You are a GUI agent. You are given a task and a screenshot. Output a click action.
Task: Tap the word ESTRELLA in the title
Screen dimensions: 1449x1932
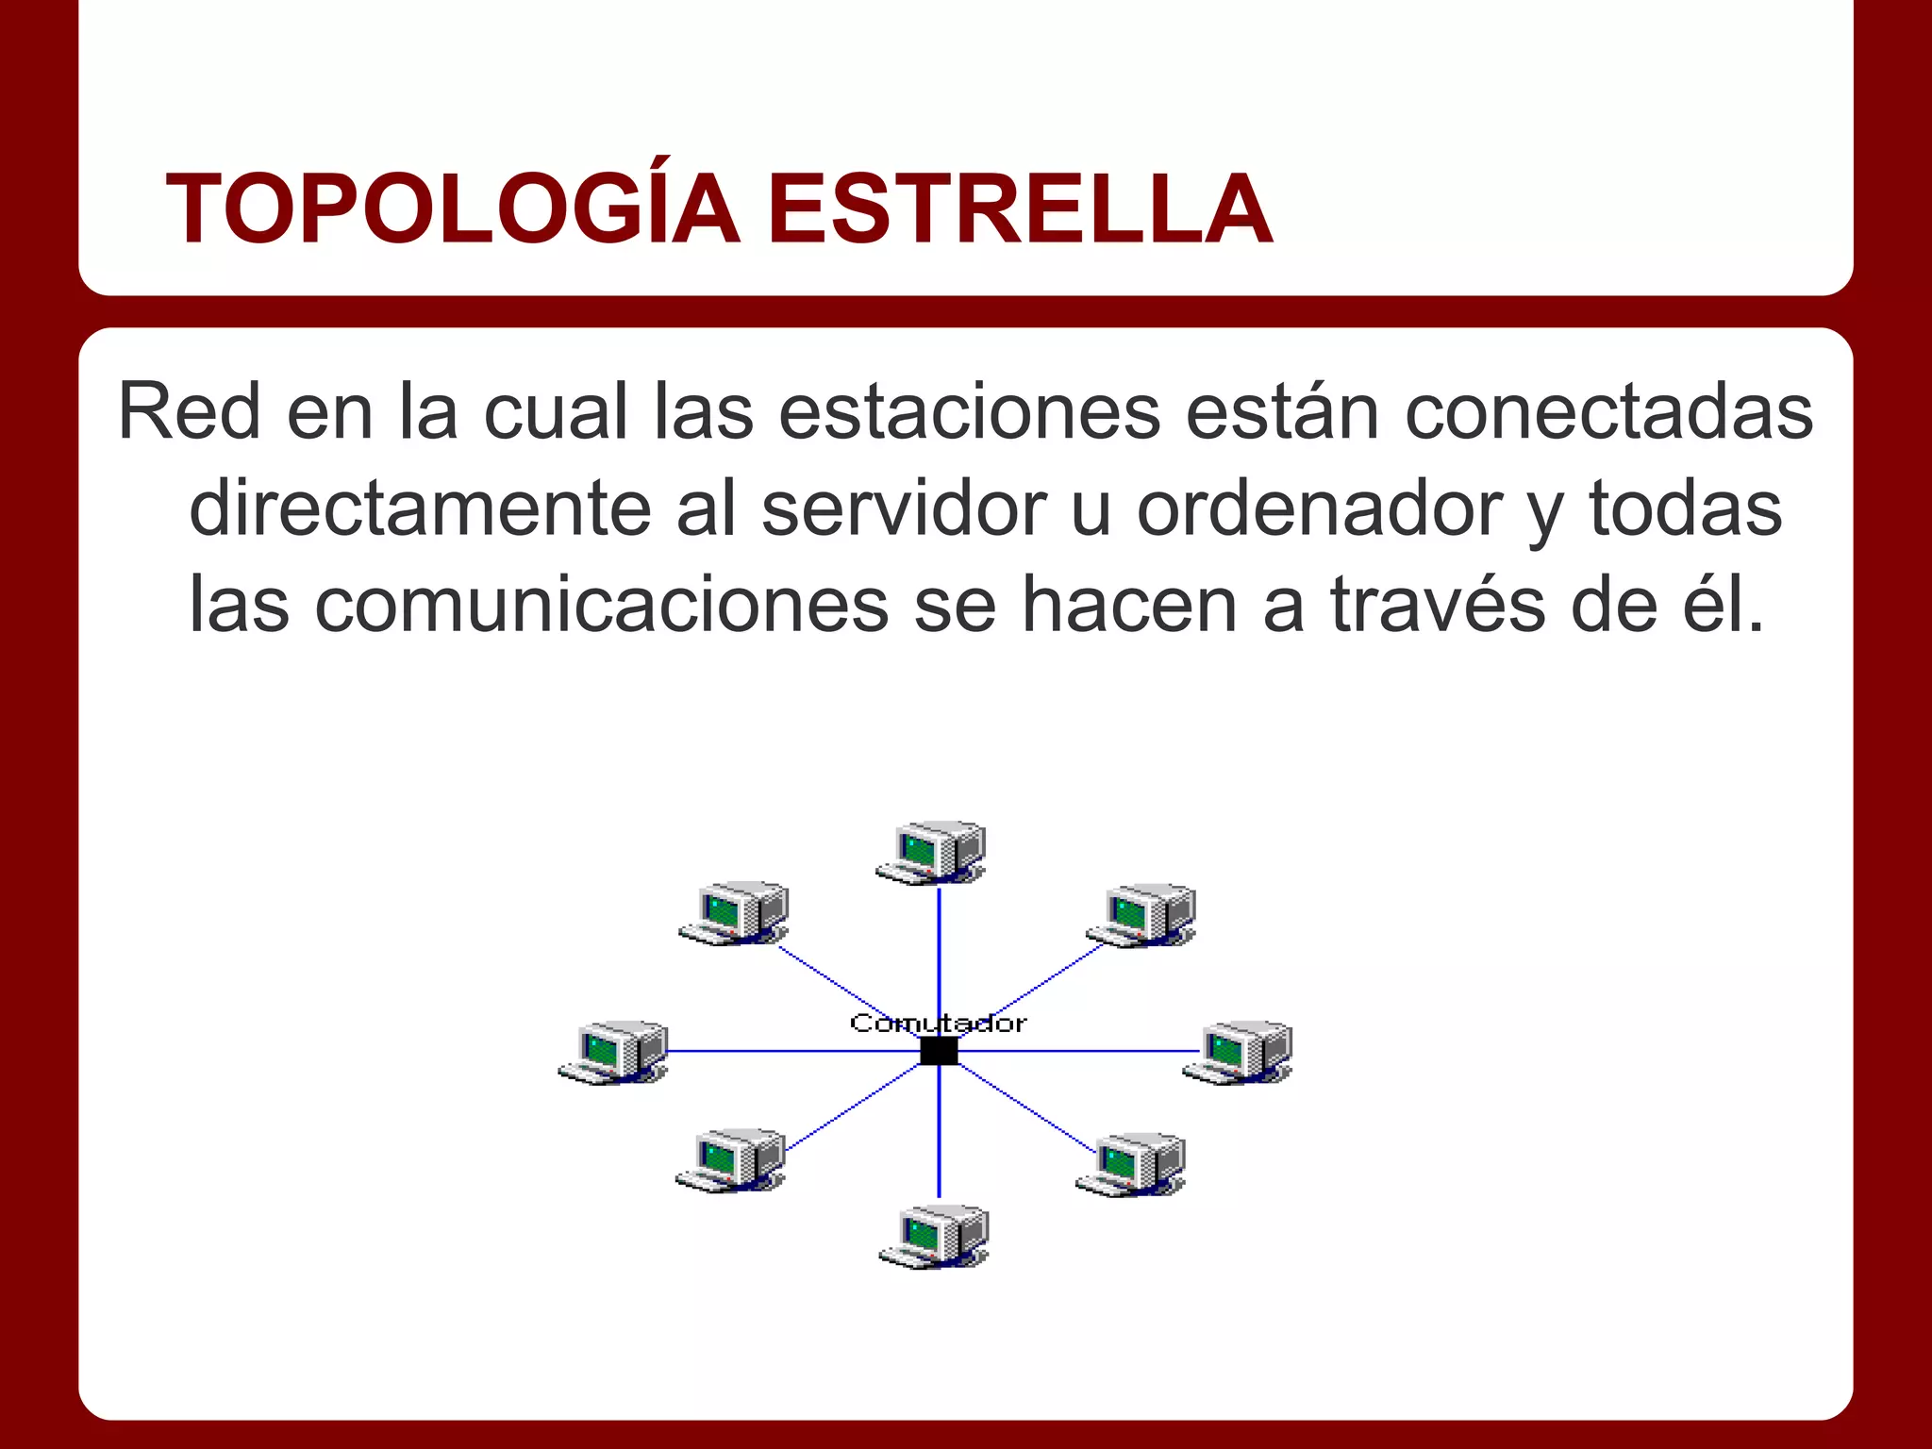(x=1019, y=209)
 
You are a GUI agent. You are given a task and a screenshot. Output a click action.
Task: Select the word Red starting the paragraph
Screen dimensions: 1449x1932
(x=189, y=411)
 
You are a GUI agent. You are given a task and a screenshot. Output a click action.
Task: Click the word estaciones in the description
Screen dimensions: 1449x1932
(x=969, y=411)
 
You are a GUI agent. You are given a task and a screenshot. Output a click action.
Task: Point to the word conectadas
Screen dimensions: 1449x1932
(x=1608, y=411)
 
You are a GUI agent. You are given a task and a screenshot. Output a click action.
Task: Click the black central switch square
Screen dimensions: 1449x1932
(x=939, y=1051)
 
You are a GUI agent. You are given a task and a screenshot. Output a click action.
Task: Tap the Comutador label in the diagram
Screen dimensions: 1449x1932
(x=938, y=1024)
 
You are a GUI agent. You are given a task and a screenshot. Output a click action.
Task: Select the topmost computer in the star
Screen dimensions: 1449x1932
(x=931, y=852)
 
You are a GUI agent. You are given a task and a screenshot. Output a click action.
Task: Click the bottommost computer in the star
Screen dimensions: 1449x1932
(x=934, y=1236)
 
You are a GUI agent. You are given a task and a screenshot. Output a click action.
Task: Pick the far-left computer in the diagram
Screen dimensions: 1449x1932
(x=613, y=1052)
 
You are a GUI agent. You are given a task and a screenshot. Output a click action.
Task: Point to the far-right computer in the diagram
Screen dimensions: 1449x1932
(x=1238, y=1052)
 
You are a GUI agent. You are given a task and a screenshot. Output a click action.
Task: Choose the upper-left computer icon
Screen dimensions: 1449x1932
(x=734, y=913)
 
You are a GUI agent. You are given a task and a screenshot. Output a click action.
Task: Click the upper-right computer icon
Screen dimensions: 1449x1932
(x=1141, y=915)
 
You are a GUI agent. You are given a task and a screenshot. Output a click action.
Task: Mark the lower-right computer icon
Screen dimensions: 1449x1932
(x=1131, y=1164)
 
